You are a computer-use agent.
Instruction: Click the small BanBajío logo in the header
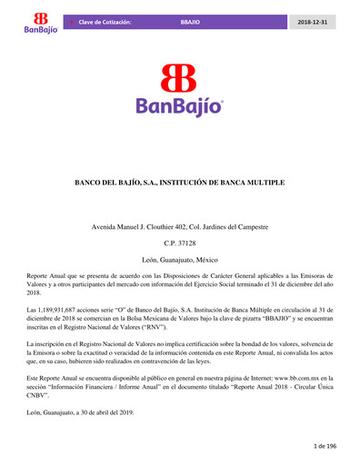40,23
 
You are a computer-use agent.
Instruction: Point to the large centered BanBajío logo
180,90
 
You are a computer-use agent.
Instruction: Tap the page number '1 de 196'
325,447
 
